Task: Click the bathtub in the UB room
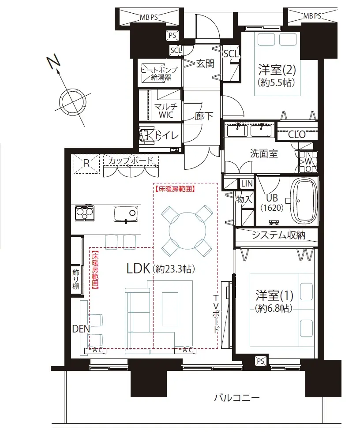[304, 202]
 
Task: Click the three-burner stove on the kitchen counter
[85, 213]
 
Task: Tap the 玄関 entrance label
[205, 64]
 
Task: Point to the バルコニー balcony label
[237, 398]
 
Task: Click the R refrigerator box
[86, 164]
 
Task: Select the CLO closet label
[297, 134]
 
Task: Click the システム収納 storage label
[279, 235]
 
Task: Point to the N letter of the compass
[53, 62]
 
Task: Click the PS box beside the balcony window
[261, 361]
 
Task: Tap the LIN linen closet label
[247, 183]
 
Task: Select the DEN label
[81, 328]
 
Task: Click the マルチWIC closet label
[166, 111]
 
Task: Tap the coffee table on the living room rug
[170, 309]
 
